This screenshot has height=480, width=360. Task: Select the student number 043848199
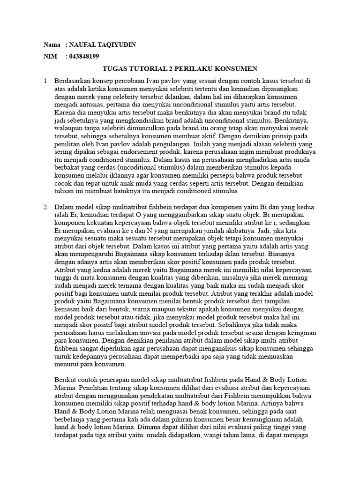click(x=84, y=57)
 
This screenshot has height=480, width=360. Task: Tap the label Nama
click(x=52, y=45)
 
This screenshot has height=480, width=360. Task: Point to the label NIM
click(x=50, y=57)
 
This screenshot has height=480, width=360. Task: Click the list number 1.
click(x=46, y=81)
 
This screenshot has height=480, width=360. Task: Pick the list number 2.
click(x=46, y=207)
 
